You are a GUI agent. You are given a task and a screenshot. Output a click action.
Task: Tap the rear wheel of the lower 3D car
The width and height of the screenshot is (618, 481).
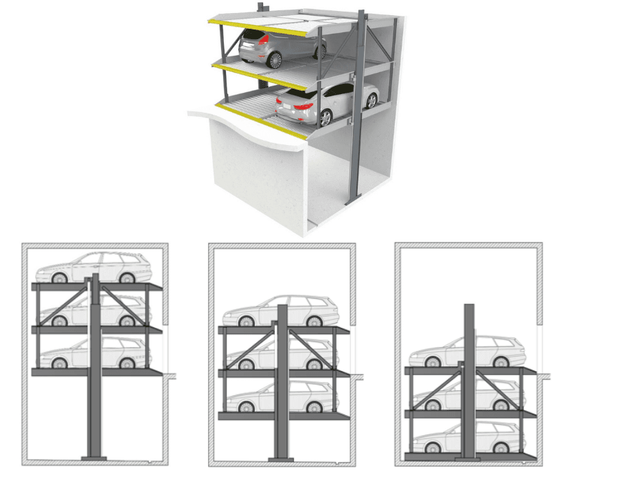click(x=325, y=118)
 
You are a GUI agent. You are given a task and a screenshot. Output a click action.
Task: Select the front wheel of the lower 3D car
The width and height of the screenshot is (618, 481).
click(x=371, y=101)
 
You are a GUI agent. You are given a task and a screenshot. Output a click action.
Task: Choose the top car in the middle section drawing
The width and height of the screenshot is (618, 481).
click(x=282, y=312)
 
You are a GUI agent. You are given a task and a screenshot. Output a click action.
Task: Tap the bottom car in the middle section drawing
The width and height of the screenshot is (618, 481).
click(x=282, y=397)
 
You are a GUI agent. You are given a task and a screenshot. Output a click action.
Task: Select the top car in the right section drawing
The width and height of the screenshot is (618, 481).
click(x=468, y=351)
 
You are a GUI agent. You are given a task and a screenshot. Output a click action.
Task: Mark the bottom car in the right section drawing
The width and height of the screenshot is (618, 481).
click(x=468, y=438)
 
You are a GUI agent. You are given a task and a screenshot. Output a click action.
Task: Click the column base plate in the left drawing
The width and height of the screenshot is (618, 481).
click(x=95, y=458)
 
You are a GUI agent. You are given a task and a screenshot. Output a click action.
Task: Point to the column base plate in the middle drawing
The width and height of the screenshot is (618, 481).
click(x=282, y=458)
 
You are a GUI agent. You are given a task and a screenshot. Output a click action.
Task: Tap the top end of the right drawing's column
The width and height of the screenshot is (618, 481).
click(x=469, y=307)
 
